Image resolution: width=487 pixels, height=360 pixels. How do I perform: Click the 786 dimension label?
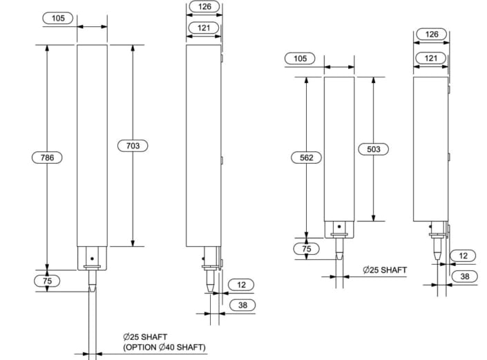[48, 158]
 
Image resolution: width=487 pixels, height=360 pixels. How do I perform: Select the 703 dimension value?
[133, 146]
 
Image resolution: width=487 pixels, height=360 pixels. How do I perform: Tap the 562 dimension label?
[307, 158]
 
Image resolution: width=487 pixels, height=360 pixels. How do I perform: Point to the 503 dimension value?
[374, 149]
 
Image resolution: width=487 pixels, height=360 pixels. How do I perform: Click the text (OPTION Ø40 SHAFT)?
[164, 347]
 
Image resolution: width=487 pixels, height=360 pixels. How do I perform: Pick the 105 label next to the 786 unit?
[58, 18]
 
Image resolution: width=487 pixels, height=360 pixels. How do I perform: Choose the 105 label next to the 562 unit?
[300, 59]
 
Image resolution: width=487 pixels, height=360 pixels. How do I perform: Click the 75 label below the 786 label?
[48, 281]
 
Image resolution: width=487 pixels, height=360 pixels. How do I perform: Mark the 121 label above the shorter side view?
[432, 59]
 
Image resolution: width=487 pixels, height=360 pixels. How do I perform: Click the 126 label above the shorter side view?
[432, 34]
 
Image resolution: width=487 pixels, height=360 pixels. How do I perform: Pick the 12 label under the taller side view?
[240, 285]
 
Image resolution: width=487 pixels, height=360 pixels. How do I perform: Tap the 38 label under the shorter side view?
[466, 277]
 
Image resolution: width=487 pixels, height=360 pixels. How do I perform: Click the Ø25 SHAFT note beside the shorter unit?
[385, 270]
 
